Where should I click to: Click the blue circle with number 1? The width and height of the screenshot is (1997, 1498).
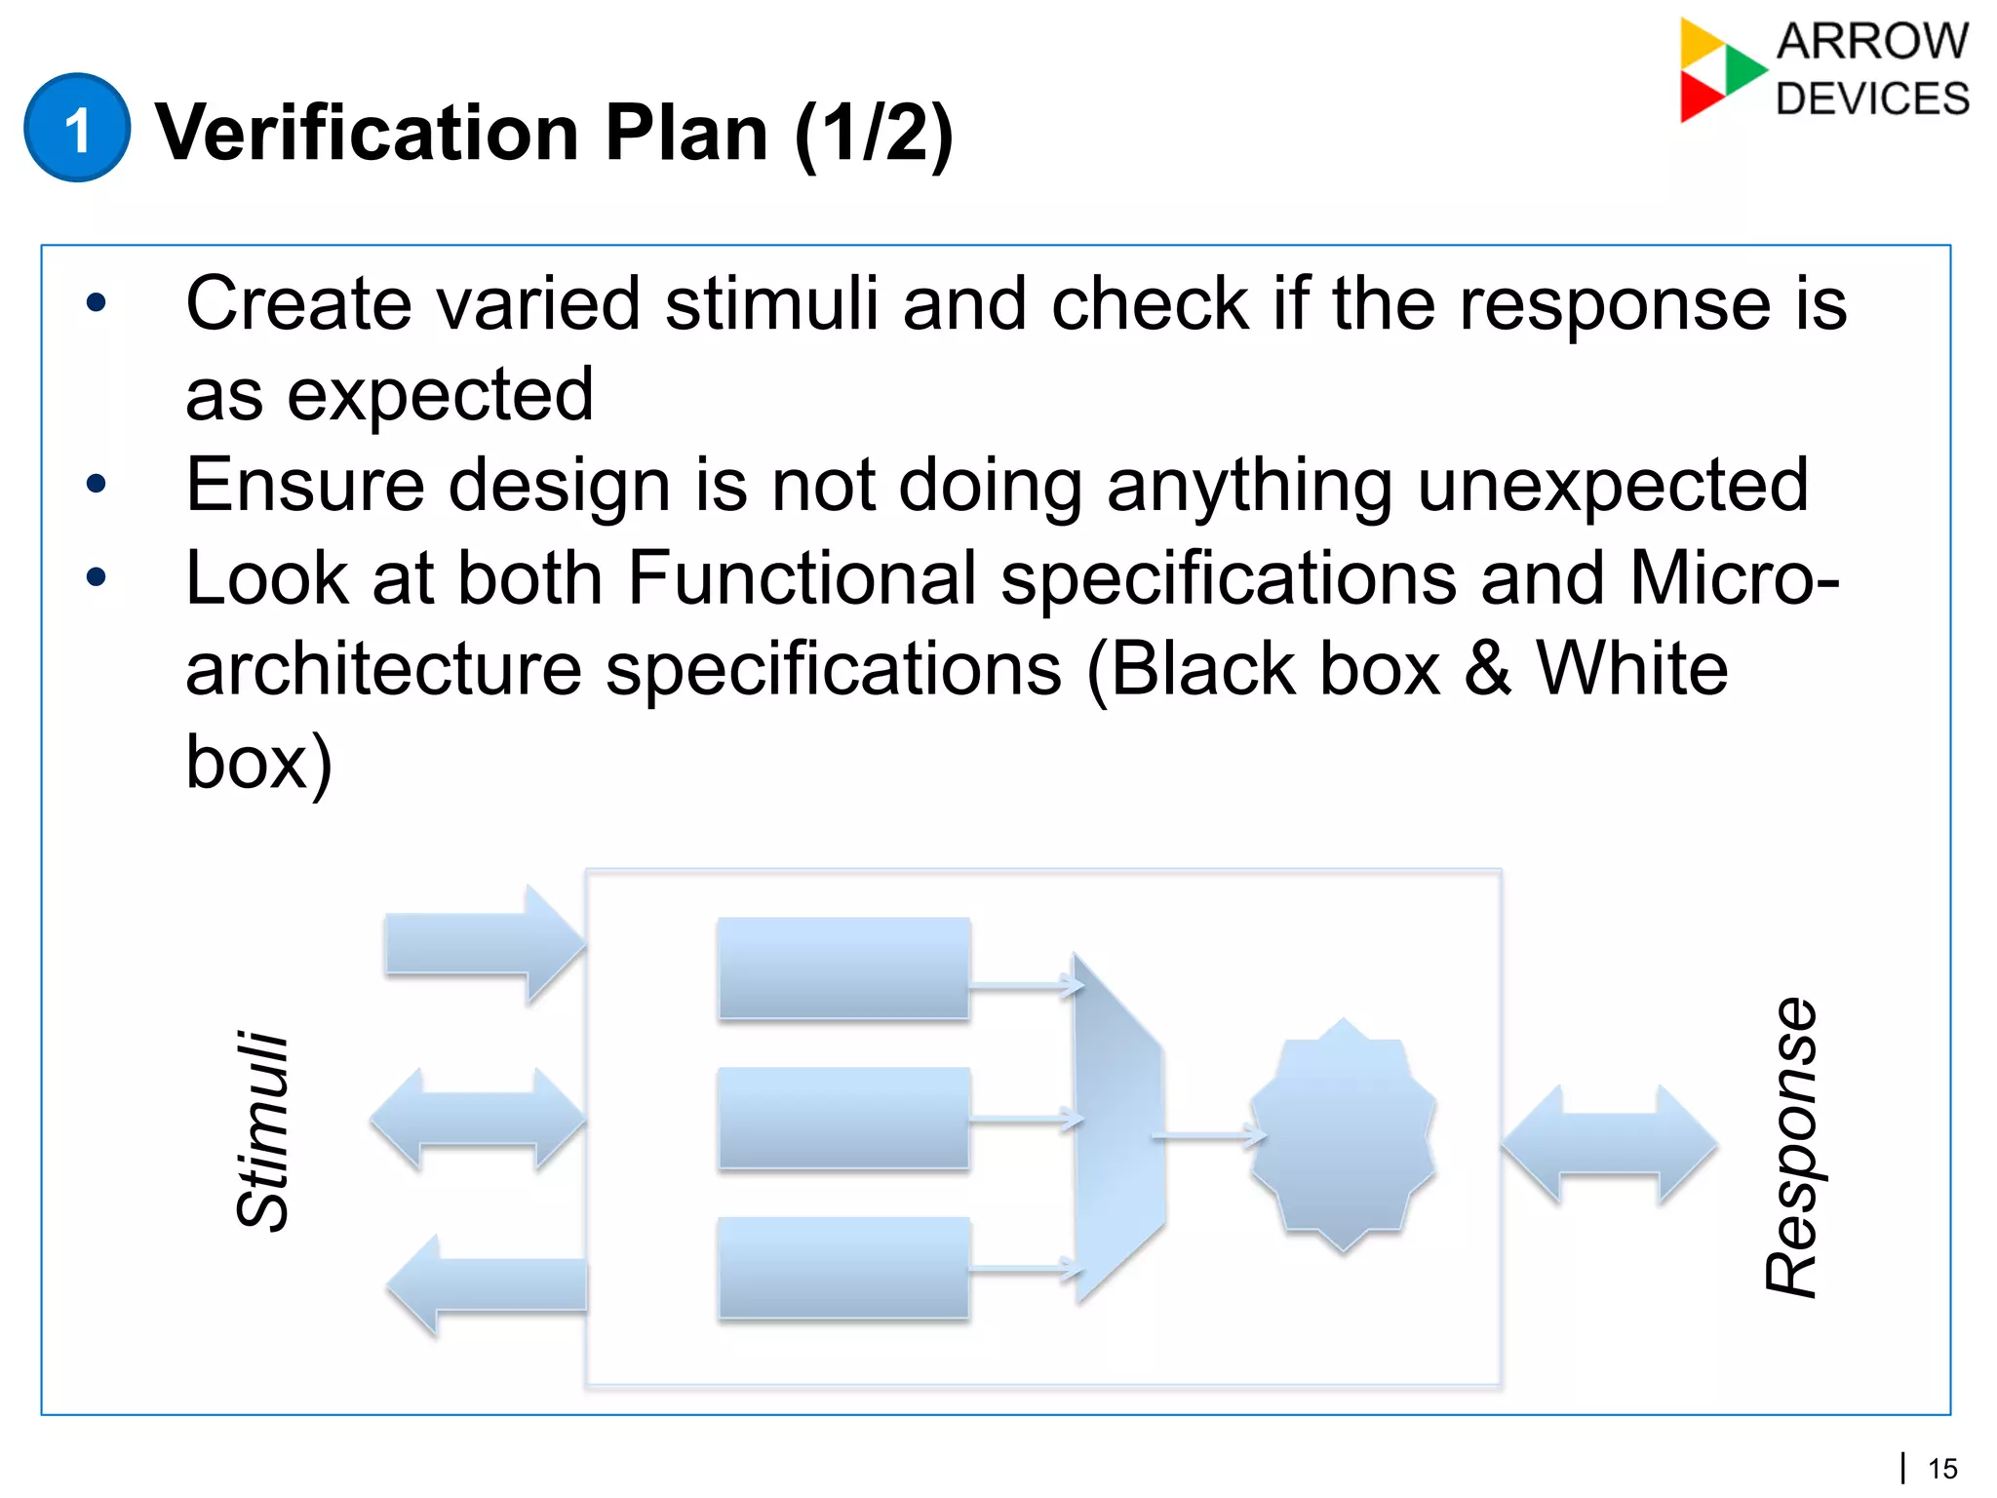pos(76,128)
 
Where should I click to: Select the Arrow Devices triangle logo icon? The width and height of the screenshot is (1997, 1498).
pos(1717,70)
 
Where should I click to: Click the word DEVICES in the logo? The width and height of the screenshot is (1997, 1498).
pos(1871,99)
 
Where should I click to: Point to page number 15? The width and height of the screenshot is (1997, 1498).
pos(1942,1469)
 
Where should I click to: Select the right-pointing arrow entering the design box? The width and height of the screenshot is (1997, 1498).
pos(484,944)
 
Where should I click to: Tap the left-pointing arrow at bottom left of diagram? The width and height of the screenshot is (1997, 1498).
pos(488,1284)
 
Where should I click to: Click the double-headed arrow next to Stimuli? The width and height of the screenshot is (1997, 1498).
pos(478,1119)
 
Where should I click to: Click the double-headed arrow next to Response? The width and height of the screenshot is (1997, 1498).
pos(1609,1144)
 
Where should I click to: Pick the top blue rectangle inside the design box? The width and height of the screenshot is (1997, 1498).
pos(843,968)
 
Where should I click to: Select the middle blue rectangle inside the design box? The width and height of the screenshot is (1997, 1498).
pos(843,1118)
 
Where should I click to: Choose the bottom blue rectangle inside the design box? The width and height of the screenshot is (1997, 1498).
pos(843,1268)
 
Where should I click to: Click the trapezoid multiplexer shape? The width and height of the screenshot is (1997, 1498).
pos(1117,1129)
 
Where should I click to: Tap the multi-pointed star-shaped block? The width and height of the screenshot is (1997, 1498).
pos(1344,1136)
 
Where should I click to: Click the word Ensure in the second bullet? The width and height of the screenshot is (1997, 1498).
pos(304,485)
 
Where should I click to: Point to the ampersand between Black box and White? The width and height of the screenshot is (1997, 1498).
pos(1487,669)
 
